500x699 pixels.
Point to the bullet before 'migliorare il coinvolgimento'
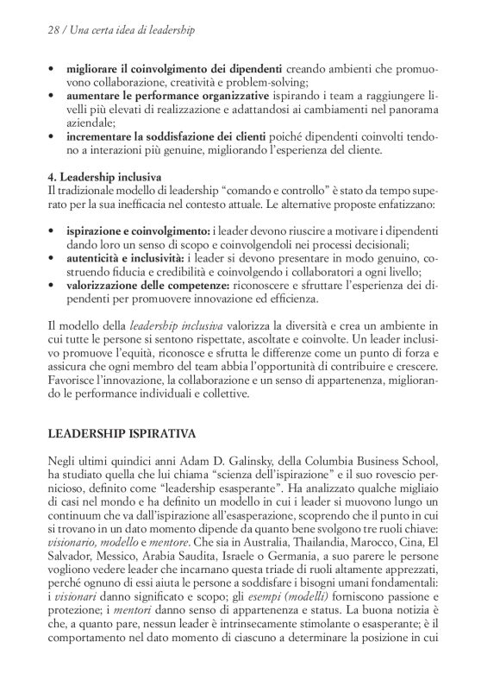pyautogui.click(x=53, y=67)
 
